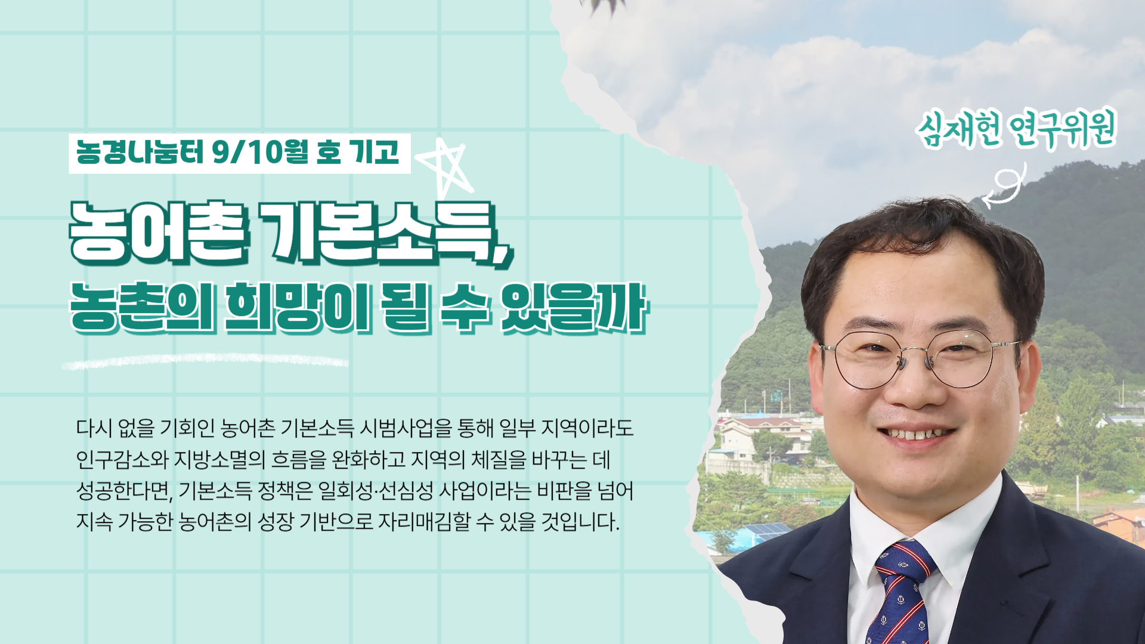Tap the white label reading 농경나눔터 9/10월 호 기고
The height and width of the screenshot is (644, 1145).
240,153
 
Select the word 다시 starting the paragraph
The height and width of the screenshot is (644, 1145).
94,428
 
